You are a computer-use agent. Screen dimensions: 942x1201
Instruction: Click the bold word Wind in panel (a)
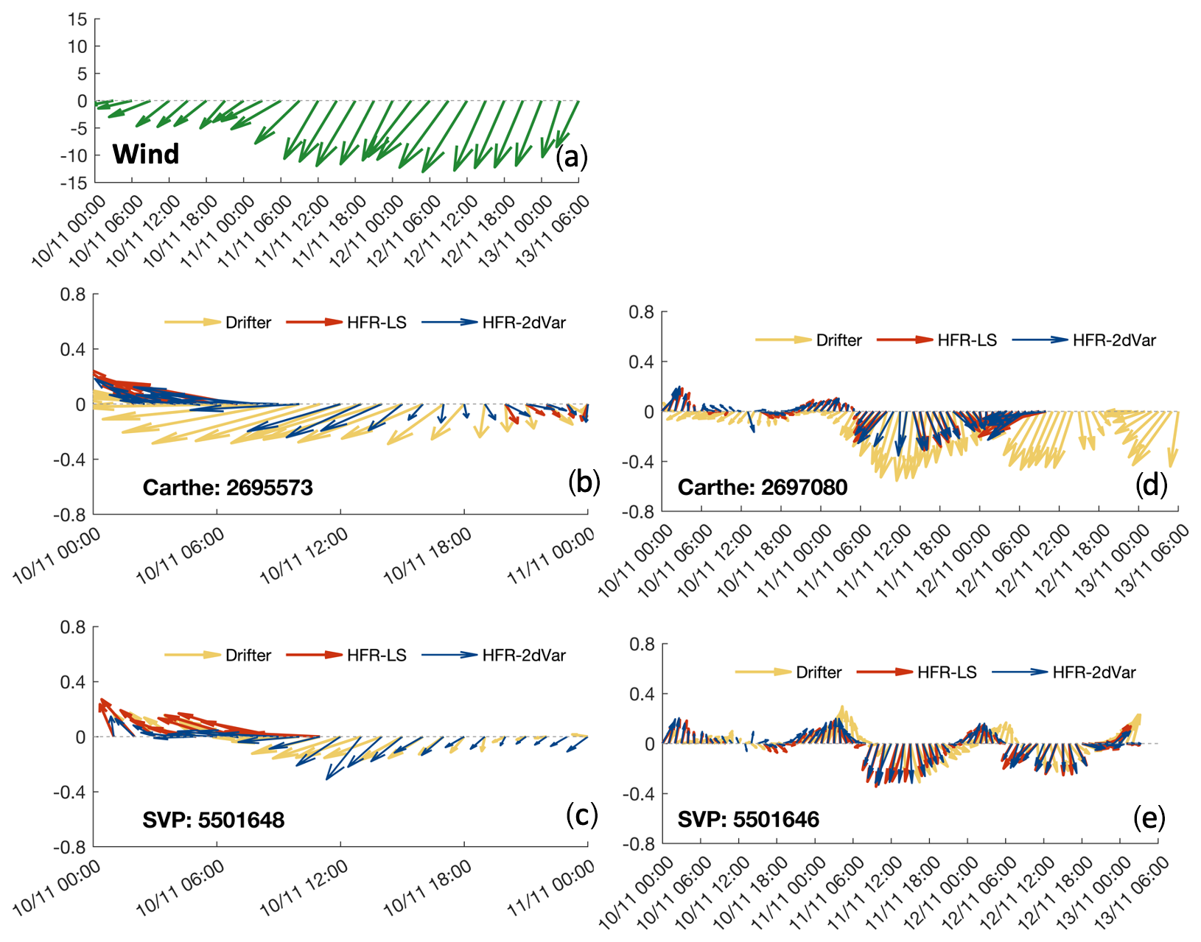tap(146, 154)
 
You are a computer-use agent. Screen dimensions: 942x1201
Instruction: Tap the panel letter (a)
tap(572, 156)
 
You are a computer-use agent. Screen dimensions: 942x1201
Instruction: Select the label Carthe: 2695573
tap(228, 488)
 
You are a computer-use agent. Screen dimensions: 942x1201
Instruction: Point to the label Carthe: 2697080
tap(763, 487)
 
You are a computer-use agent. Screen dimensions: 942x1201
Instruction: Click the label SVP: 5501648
tap(214, 820)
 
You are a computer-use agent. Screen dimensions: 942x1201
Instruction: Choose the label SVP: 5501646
tap(748, 819)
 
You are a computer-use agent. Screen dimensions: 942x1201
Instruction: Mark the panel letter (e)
tap(1149, 817)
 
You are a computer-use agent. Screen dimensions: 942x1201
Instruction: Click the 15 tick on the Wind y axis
tap(77, 20)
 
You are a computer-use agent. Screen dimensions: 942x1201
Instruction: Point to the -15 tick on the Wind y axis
tap(74, 183)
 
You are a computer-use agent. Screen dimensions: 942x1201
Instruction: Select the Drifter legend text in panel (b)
tap(248, 323)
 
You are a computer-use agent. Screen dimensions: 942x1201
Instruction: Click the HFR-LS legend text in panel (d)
tap(967, 340)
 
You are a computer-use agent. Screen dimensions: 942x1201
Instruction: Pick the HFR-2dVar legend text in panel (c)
tap(524, 655)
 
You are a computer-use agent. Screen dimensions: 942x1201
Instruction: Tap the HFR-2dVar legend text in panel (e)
tap(1094, 672)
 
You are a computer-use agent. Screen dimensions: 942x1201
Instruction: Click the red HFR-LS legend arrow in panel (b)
tap(315, 322)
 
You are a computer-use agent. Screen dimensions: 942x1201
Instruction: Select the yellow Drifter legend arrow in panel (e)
tap(763, 672)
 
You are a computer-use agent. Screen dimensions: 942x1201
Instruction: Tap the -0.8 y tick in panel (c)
tap(69, 847)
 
